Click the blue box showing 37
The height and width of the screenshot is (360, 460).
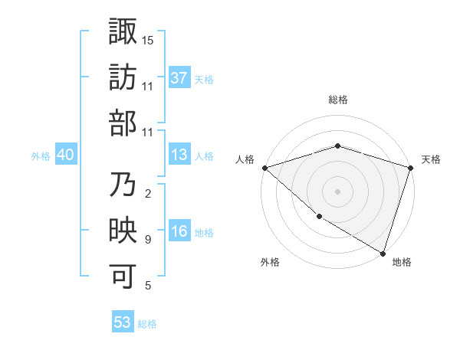[x=179, y=77]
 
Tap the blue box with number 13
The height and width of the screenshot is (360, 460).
[x=179, y=155]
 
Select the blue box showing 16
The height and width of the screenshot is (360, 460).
[x=179, y=232]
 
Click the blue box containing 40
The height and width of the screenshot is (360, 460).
[x=66, y=155]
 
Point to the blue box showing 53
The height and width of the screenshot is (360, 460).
[x=123, y=322]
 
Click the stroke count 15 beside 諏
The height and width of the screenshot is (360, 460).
[x=148, y=40]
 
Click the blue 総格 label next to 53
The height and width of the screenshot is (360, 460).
[x=147, y=324]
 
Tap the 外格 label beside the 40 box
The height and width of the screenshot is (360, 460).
[x=41, y=156]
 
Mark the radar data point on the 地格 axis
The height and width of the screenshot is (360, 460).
[x=383, y=253]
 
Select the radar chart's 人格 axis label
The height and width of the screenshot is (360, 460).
[x=245, y=159]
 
